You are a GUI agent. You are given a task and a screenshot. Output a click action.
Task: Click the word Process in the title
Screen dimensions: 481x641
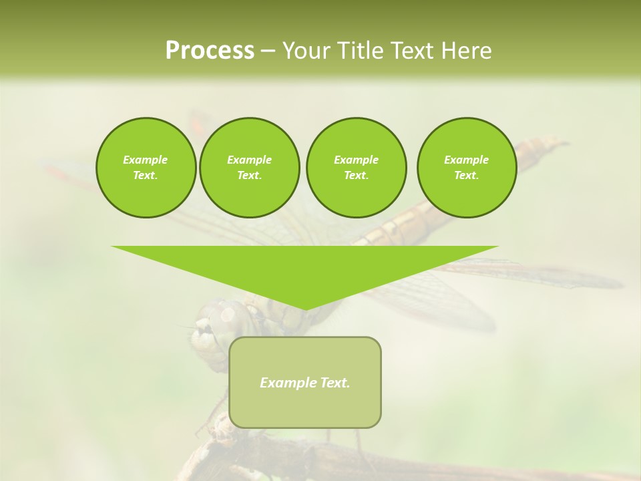click(210, 50)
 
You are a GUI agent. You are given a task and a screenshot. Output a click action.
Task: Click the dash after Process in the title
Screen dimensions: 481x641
click(268, 51)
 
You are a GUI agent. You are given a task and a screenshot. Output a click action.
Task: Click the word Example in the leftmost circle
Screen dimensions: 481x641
click(146, 160)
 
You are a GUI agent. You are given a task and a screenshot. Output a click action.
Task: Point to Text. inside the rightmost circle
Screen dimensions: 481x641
click(467, 175)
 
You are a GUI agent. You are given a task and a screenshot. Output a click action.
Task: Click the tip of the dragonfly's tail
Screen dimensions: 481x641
click(558, 141)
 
